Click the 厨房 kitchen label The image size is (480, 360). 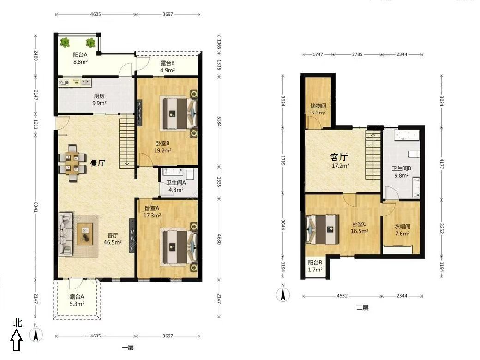[100, 96]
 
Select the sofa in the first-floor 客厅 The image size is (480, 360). [66, 234]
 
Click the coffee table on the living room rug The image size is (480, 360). [85, 234]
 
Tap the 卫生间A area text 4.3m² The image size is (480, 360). [176, 190]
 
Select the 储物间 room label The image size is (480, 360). [318, 106]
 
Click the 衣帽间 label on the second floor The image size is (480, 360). [402, 227]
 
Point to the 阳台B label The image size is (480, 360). [315, 262]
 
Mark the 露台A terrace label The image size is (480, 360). [77, 297]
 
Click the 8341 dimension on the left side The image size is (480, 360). [36, 207]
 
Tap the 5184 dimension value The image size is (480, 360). [219, 121]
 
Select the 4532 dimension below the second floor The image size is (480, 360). [342, 296]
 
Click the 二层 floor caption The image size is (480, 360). [362, 308]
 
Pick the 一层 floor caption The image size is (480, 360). [128, 348]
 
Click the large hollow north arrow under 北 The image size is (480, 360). [17, 342]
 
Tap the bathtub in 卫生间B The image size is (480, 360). [407, 135]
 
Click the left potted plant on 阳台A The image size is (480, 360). [65, 42]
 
